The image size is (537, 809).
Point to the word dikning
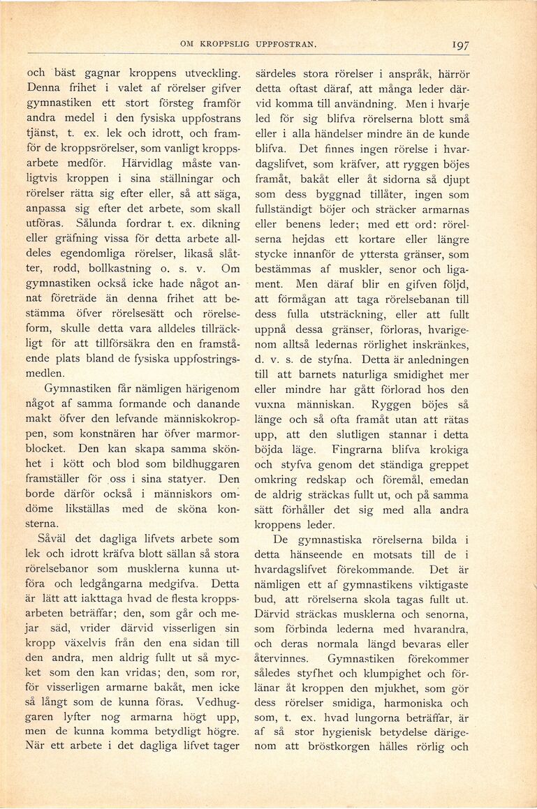(x=217, y=223)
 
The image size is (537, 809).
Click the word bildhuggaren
(x=205, y=464)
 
